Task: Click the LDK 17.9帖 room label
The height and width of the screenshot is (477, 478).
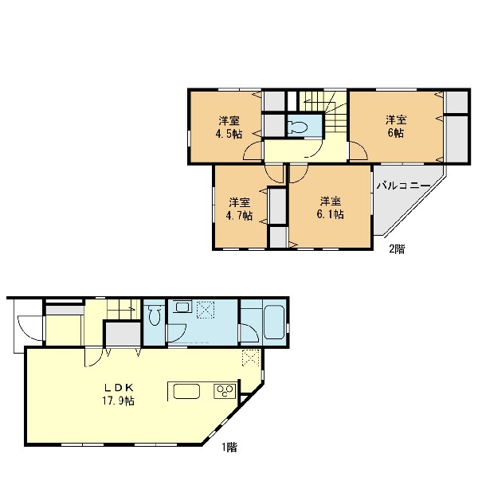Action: [x=119, y=394]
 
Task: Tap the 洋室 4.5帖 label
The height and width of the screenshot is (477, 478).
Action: [x=229, y=127]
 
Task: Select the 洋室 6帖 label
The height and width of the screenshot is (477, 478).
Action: [x=396, y=127]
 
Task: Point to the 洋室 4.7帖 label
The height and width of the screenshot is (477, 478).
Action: [x=239, y=209]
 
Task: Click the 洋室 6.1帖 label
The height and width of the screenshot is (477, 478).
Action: [x=331, y=208]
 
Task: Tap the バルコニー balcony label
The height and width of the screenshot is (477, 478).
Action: [x=404, y=186]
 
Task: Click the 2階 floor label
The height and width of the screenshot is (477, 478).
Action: [x=397, y=249]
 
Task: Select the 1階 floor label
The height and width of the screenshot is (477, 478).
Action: [x=229, y=447]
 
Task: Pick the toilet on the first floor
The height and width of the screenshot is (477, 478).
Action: [x=155, y=315]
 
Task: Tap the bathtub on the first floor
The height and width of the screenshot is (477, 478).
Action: [x=274, y=323]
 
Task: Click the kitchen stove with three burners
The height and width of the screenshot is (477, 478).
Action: [x=225, y=391]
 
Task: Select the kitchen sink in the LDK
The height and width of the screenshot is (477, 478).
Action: [x=186, y=391]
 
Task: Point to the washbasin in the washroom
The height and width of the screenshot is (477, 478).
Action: [x=182, y=307]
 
